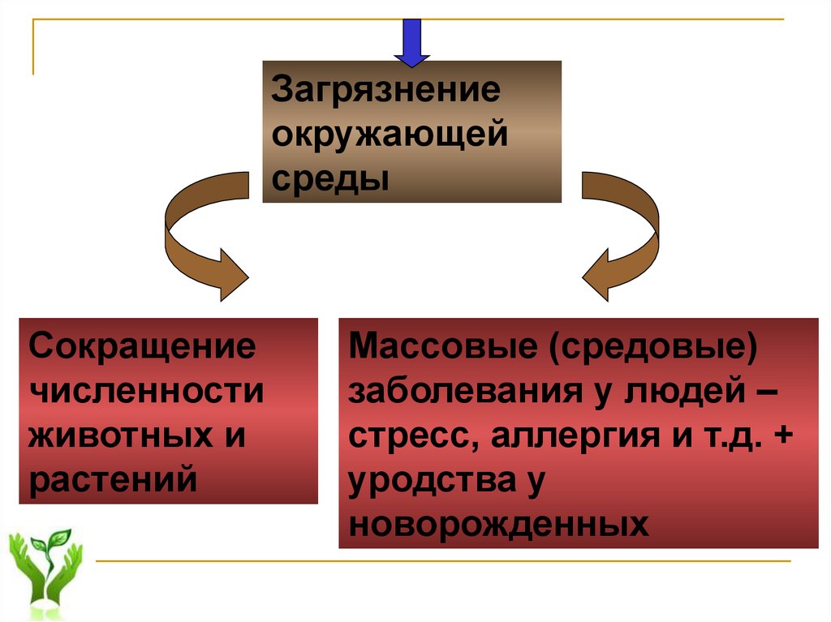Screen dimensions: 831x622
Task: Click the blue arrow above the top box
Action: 411,41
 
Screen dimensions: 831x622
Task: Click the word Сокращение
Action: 143,347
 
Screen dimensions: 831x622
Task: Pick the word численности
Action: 147,392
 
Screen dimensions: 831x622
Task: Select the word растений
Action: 113,480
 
